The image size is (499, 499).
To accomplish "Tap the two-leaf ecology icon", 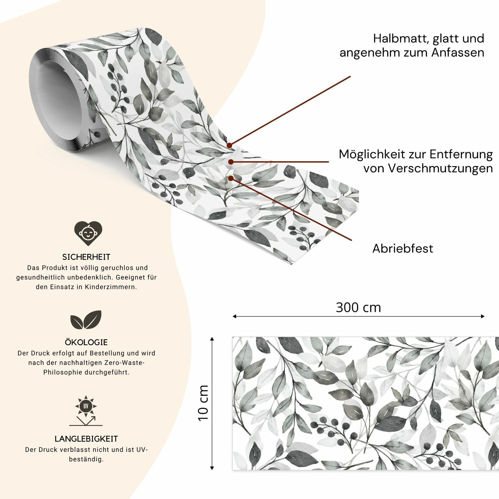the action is [86, 319].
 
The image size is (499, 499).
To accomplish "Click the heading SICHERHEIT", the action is [86, 257].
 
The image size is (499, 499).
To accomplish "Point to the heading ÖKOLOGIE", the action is [86, 342].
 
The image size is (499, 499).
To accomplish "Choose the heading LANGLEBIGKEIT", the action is [86, 439].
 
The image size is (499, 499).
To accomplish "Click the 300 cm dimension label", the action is [358, 307].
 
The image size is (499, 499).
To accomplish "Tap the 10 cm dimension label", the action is [203, 403].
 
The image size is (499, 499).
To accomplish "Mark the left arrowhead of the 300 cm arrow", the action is [233, 316].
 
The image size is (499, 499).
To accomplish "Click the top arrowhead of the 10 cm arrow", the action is [212, 338].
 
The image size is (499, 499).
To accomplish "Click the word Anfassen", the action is [458, 52].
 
